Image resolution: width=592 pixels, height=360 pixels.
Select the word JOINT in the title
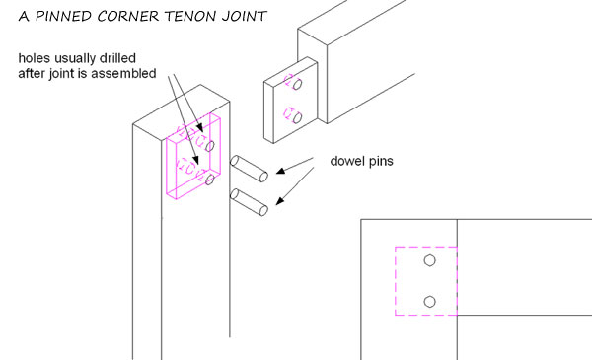click(252, 16)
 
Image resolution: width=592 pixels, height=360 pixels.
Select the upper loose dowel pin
click(251, 170)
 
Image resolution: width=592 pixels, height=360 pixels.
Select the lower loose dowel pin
click(251, 202)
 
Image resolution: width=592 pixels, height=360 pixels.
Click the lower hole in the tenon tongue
click(293, 115)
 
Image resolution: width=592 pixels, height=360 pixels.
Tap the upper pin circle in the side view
click(429, 261)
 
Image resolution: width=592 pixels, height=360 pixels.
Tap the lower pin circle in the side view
click(429, 301)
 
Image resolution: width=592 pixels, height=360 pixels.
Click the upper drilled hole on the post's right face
click(210, 146)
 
